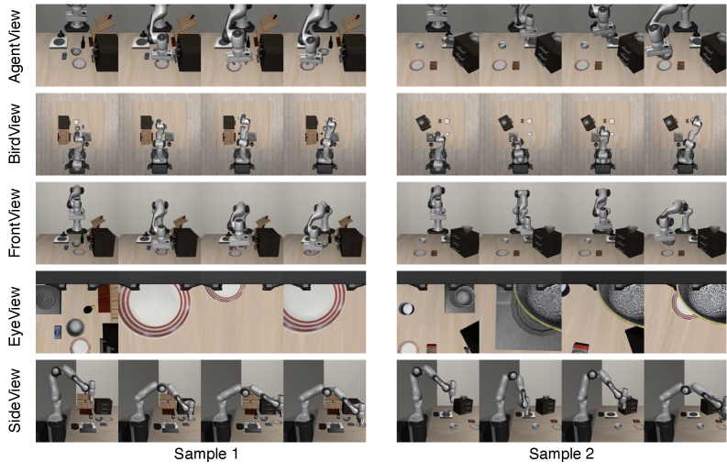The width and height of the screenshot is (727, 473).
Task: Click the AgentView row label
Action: (x=15, y=46)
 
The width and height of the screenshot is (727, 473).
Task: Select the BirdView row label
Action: (x=15, y=134)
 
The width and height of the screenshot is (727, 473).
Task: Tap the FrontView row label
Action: (x=15, y=223)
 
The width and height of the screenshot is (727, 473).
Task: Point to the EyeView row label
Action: (x=15, y=316)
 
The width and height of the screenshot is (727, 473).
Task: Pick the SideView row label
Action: (x=15, y=401)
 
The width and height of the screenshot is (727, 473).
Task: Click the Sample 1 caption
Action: (x=206, y=454)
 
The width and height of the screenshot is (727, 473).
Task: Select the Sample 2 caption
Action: (x=561, y=454)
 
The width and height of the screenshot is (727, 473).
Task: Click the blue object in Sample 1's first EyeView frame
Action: (x=58, y=332)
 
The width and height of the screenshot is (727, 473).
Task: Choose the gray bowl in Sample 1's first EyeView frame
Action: (x=75, y=327)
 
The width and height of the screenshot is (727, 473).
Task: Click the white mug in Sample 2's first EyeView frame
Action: (x=407, y=308)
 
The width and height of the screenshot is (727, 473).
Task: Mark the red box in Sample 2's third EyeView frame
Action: (x=579, y=347)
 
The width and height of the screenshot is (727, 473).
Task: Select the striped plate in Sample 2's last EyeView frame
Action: (x=681, y=308)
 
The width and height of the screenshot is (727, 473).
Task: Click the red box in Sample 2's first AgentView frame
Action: (x=434, y=66)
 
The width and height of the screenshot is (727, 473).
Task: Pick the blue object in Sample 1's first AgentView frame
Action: (x=64, y=56)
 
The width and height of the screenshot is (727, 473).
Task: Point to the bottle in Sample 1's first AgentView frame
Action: (x=83, y=42)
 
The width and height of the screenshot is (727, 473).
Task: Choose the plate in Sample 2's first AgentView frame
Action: (x=417, y=65)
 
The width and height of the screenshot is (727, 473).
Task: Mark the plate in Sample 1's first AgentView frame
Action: (x=79, y=63)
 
